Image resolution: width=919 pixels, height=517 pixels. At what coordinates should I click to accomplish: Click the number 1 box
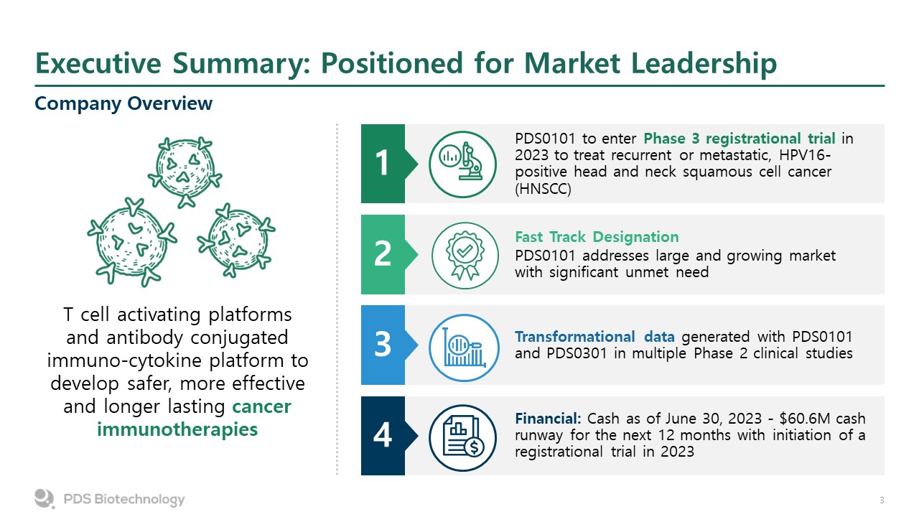[x=383, y=164]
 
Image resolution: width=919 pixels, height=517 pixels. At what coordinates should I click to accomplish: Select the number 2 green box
[x=383, y=254]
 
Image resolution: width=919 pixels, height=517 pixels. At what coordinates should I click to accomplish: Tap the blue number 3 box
[x=383, y=345]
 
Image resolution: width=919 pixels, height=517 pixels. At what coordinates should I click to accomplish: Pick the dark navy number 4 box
[x=383, y=435]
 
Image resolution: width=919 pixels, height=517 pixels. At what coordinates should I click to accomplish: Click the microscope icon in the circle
[x=463, y=164]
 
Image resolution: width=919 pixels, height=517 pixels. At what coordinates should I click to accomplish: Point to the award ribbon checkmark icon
[x=463, y=254]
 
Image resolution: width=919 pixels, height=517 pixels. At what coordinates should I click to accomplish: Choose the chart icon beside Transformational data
[x=463, y=345]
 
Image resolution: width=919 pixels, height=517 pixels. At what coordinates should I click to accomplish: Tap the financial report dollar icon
[x=463, y=435]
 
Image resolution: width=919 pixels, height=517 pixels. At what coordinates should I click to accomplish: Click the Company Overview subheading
[x=123, y=103]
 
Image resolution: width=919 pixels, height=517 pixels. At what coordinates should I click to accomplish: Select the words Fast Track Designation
[x=597, y=237]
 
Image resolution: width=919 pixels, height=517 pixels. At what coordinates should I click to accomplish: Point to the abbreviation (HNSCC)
[x=545, y=189]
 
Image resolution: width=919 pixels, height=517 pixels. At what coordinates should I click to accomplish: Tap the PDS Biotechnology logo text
[x=123, y=500]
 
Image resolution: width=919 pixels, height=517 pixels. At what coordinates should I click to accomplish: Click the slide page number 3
[x=882, y=500]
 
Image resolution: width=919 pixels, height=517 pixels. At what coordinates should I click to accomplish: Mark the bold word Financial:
[x=549, y=419]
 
